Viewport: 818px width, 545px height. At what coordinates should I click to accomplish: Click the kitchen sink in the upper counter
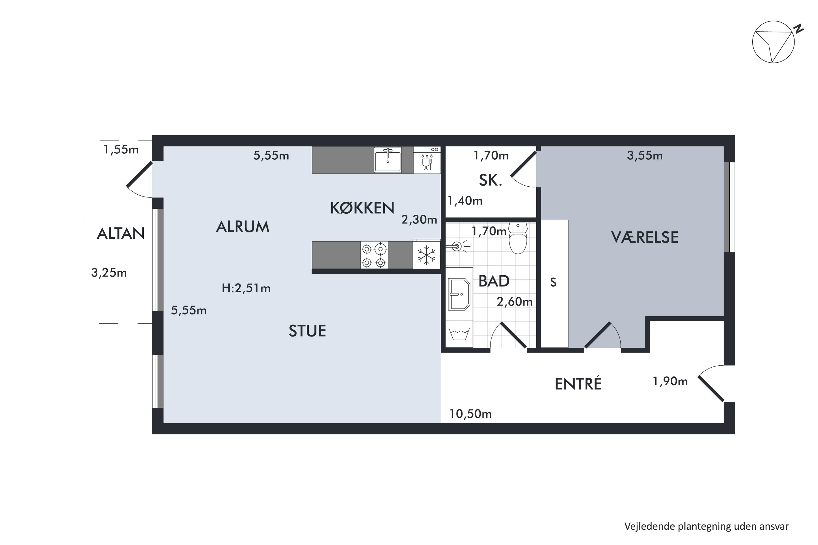click(x=387, y=160)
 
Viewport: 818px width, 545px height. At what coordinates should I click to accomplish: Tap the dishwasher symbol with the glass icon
click(x=427, y=160)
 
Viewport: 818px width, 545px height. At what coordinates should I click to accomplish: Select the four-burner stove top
click(x=374, y=255)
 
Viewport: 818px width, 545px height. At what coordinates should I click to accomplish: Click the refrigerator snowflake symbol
click(x=426, y=255)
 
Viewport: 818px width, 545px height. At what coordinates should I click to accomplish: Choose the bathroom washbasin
click(x=459, y=294)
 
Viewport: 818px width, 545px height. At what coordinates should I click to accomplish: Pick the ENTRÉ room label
click(x=578, y=384)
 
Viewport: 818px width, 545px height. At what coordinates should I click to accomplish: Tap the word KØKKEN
click(x=362, y=208)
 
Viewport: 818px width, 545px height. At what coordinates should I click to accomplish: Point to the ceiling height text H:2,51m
click(x=246, y=288)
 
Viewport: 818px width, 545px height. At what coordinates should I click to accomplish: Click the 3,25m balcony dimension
click(x=109, y=273)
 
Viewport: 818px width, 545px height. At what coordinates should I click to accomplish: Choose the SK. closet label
click(x=490, y=180)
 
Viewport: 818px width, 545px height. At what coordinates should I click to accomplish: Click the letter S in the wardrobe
click(x=553, y=282)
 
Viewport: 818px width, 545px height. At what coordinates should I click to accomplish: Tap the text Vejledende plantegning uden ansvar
click(x=706, y=526)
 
